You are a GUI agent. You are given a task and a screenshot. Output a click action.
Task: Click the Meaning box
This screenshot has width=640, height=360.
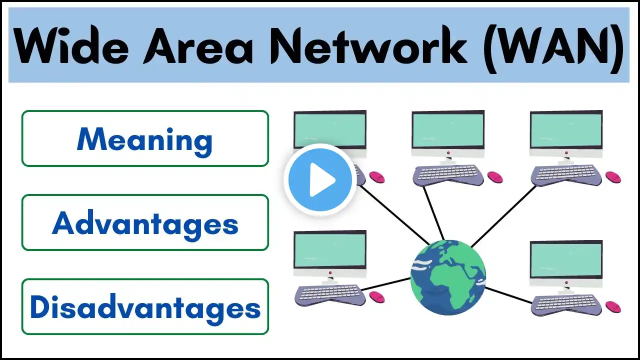[145, 138]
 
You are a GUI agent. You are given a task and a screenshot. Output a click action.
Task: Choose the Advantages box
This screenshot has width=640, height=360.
[145, 222]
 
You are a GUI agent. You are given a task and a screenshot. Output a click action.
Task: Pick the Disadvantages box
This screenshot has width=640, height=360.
[145, 306]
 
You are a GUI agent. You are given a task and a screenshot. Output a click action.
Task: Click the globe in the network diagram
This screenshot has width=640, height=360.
[447, 277]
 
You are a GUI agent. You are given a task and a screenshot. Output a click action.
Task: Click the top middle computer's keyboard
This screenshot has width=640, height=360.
[448, 173]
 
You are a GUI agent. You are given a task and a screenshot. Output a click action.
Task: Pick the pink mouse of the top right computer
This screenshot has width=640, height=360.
[613, 177]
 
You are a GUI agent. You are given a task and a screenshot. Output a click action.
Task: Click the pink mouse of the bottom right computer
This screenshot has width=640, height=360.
[613, 306]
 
